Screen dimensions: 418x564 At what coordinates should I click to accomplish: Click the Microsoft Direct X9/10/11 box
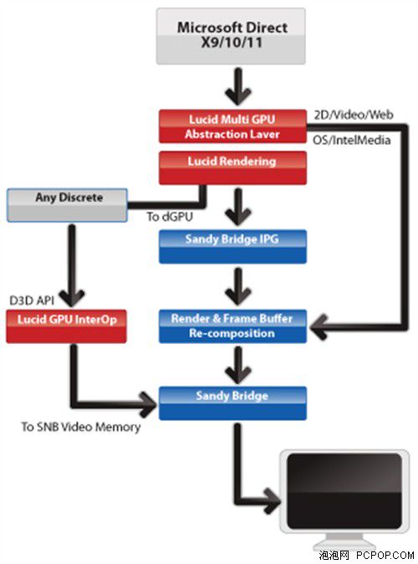231,36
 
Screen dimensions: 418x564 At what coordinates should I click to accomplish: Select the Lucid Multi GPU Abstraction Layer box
232,126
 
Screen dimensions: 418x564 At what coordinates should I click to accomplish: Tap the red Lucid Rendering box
232,168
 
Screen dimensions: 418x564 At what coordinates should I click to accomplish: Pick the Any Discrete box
67,205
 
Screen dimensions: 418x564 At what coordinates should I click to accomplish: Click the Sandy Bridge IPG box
232,246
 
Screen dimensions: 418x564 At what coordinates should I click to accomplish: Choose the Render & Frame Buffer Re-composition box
232,326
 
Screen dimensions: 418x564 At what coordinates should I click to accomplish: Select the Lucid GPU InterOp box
67,326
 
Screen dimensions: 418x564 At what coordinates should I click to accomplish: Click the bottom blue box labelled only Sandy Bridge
232,403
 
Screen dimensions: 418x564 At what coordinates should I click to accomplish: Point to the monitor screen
344,490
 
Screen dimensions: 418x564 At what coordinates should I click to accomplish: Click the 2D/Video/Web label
354,115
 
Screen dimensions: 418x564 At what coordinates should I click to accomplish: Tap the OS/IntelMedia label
351,140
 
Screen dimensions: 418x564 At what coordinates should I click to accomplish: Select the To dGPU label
170,217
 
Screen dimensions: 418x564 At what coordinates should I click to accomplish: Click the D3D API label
32,300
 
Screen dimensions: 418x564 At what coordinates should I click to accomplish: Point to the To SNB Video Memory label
81,427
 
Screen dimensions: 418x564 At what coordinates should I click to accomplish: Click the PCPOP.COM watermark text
385,556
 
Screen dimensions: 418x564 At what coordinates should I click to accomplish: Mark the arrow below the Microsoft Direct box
238,87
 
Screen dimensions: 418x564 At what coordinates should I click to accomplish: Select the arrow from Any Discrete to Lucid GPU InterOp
72,265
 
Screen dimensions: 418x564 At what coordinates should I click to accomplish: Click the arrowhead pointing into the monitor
272,500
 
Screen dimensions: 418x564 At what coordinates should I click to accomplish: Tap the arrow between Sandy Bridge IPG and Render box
238,287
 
